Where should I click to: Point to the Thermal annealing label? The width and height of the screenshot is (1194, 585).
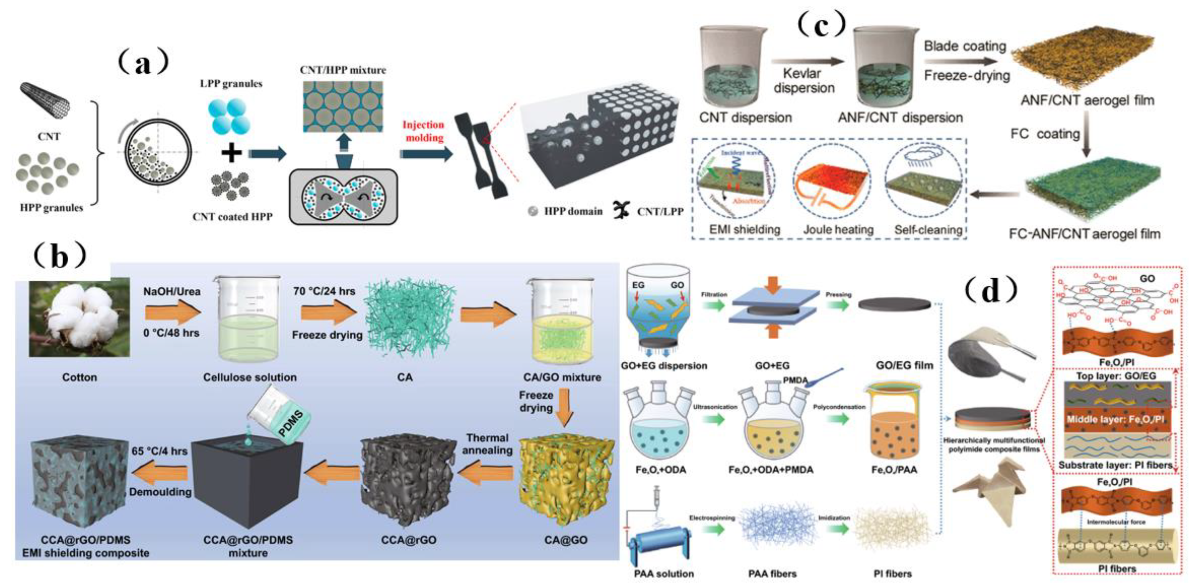(487, 444)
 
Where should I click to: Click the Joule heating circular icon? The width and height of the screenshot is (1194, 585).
(833, 185)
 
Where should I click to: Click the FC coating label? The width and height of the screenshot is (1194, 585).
(1045, 134)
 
